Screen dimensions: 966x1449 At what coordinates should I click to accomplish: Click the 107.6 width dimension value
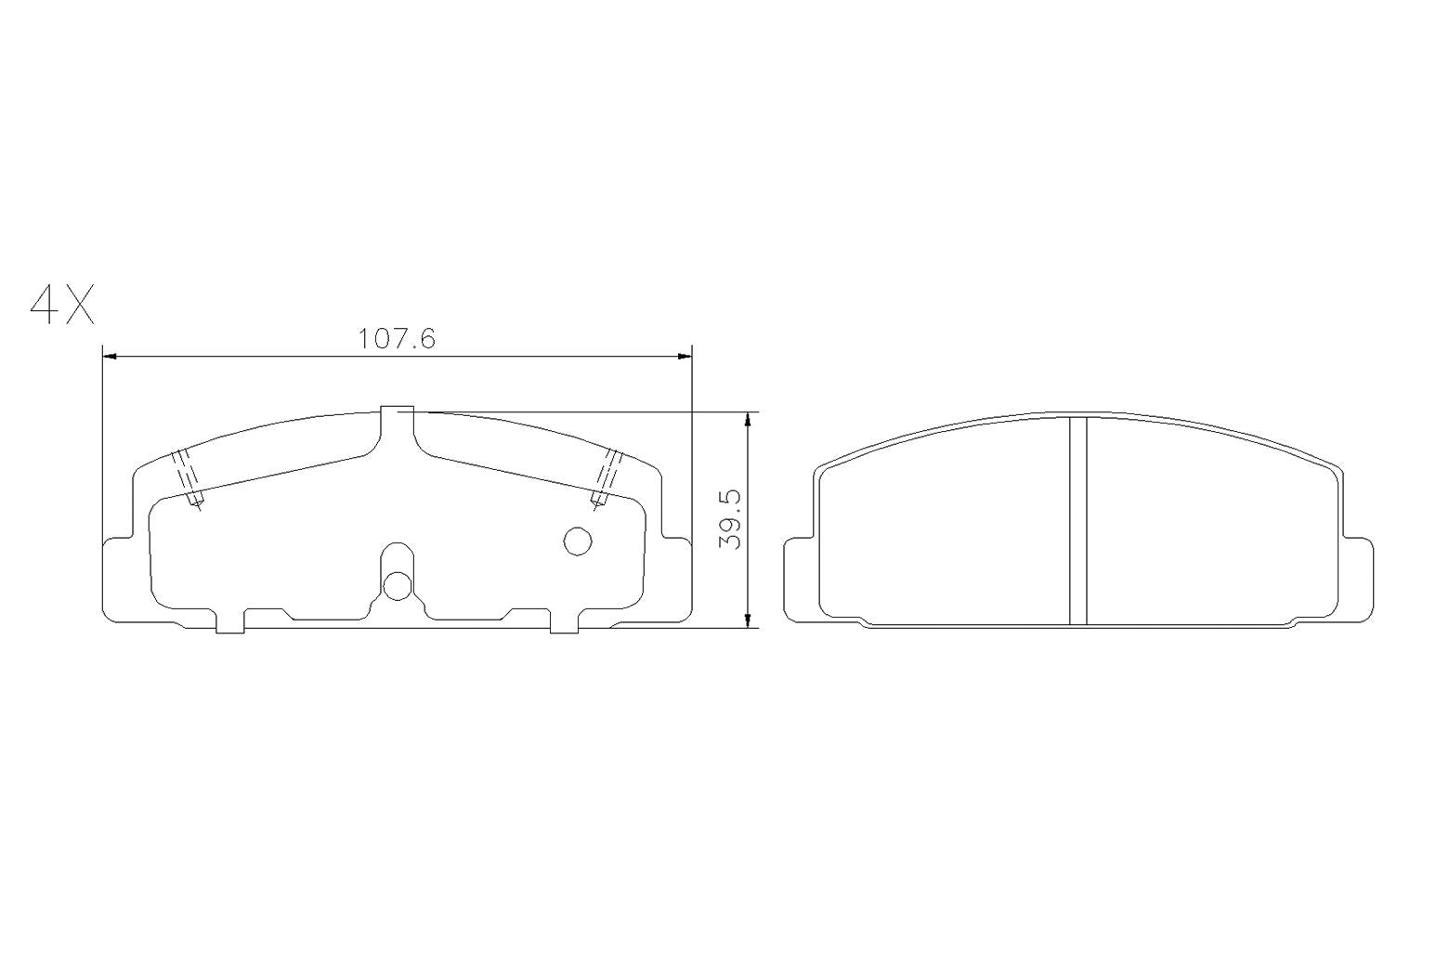397,339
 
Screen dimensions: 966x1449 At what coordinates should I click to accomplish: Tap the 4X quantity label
62,305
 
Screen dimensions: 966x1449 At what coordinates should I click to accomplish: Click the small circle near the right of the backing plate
578,541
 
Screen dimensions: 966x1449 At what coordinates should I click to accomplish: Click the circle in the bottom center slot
398,585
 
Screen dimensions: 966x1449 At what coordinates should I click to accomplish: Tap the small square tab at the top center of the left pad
398,417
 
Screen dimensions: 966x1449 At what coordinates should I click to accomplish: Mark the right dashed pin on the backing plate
606,478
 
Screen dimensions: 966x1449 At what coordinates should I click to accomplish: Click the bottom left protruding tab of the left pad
229,621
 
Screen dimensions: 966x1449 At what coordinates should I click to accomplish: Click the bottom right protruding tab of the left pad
564,621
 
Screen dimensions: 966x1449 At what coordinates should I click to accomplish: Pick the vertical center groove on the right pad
1077,520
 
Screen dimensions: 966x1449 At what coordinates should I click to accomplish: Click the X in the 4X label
79,305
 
